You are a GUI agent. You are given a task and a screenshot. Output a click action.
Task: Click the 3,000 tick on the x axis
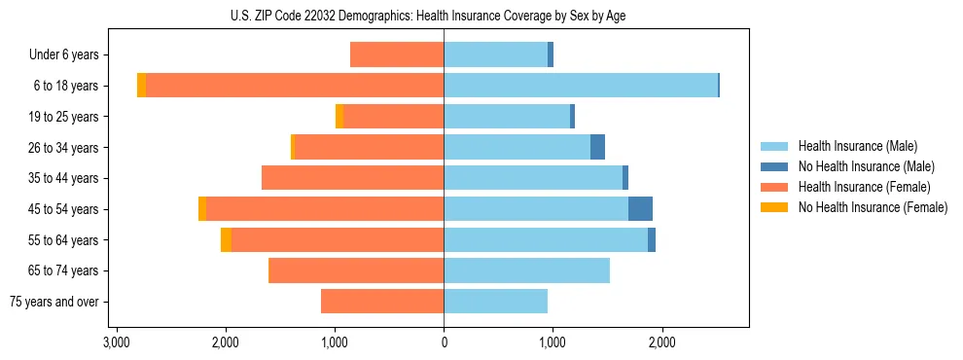116,342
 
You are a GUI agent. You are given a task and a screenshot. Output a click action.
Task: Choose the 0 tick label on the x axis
444,342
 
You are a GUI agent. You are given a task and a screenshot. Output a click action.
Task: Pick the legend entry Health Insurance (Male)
857,146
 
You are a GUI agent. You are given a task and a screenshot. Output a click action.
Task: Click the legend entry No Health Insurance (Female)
873,207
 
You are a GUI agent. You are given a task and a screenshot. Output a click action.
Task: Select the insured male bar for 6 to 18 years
581,86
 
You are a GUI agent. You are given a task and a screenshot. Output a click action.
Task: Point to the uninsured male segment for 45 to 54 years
640,209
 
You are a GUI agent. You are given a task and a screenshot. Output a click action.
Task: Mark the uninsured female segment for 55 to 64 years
226,240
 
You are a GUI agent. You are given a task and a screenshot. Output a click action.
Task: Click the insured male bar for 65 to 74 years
526,270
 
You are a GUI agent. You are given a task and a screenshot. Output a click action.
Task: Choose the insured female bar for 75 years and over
382,302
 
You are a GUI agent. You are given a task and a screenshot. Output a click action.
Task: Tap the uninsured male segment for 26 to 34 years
597,147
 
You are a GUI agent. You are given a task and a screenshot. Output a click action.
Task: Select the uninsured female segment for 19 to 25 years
339,117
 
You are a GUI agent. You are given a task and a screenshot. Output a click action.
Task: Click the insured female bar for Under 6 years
397,55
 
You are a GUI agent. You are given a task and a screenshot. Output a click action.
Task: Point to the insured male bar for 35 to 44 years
533,178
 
